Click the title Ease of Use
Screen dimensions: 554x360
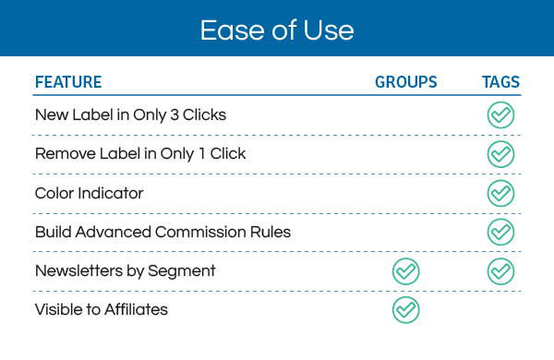[x=277, y=30]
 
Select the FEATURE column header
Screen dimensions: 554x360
[x=68, y=82]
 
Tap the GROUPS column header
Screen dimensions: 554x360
[x=406, y=82]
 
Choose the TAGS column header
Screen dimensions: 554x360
[x=501, y=82]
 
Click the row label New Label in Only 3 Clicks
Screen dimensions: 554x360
[x=131, y=115]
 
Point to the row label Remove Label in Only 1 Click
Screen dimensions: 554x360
[x=140, y=154]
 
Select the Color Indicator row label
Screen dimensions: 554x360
[x=90, y=193]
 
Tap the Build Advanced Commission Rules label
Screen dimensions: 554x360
[x=163, y=232]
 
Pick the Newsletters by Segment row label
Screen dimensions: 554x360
[x=126, y=271]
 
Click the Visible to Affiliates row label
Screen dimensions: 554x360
[x=102, y=309]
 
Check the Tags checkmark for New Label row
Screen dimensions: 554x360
[x=501, y=114]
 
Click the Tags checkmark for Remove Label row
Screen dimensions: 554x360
[x=501, y=154]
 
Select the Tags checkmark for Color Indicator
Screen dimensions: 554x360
[x=501, y=193]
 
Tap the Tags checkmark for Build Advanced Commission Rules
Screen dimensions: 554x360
[x=501, y=232]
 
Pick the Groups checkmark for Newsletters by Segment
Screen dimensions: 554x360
[x=406, y=271]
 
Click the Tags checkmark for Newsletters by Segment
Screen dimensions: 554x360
[x=501, y=271]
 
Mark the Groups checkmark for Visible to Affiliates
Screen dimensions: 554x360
[x=406, y=310]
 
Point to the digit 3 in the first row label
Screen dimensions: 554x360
[x=175, y=114]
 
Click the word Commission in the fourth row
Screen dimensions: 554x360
[x=200, y=232]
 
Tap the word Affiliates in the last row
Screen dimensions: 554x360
[x=136, y=309]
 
